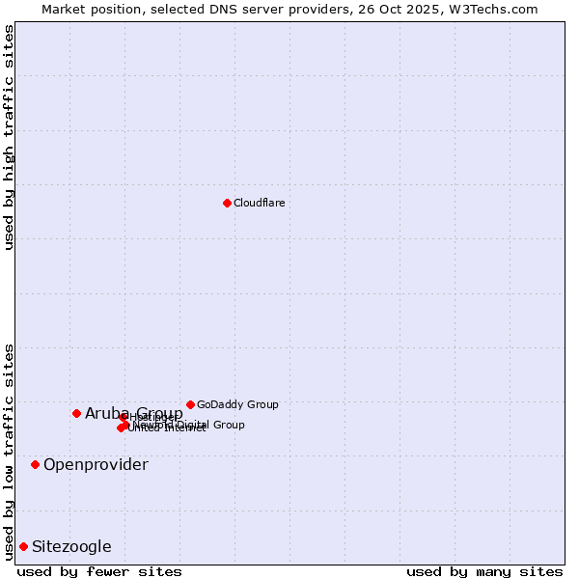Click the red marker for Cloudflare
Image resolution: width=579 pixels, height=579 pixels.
[x=227, y=203]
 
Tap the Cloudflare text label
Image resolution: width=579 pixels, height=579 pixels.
[x=259, y=203]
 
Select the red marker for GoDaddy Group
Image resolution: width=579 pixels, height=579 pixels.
[x=190, y=404]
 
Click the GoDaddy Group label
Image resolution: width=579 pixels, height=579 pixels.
[x=237, y=404]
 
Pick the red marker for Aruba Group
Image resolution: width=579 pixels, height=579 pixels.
[x=76, y=413]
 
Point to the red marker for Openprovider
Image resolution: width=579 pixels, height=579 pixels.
[x=35, y=464]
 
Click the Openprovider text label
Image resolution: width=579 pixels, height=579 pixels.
[x=96, y=465]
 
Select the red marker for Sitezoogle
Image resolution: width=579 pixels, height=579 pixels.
[x=23, y=546]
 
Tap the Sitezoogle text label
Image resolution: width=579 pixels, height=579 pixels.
[x=71, y=547]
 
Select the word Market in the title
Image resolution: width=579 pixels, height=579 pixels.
[x=63, y=9]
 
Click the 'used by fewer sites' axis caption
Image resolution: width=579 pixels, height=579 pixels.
[x=99, y=571]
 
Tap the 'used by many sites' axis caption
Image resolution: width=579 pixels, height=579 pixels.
[x=484, y=571]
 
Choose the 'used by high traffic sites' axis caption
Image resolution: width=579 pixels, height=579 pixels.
[x=9, y=137]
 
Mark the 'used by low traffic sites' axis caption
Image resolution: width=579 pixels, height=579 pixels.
[x=9, y=452]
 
